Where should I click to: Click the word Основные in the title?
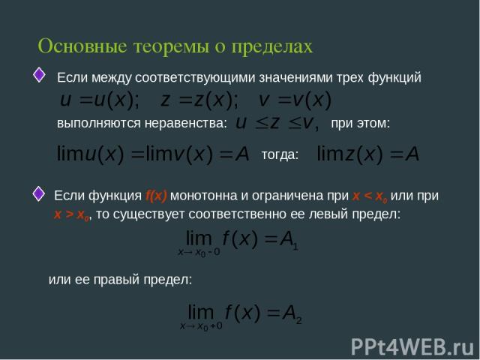(x=82, y=46)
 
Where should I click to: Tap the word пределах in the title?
(x=271, y=47)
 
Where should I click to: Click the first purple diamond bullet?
(x=39, y=75)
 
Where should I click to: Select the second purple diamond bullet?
(x=38, y=193)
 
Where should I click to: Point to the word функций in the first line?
(x=394, y=78)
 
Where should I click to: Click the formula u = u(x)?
(x=99, y=100)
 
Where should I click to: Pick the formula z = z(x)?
(x=199, y=100)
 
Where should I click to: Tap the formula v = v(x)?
(x=295, y=100)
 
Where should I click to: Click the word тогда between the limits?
(x=280, y=154)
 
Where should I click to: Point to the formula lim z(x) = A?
(x=368, y=154)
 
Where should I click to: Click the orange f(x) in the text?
(x=156, y=196)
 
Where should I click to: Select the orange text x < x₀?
(x=370, y=196)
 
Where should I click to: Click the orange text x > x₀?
(x=72, y=214)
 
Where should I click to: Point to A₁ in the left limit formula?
(x=289, y=240)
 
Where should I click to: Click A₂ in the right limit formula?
(x=292, y=313)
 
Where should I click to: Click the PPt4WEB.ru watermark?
(x=412, y=346)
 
